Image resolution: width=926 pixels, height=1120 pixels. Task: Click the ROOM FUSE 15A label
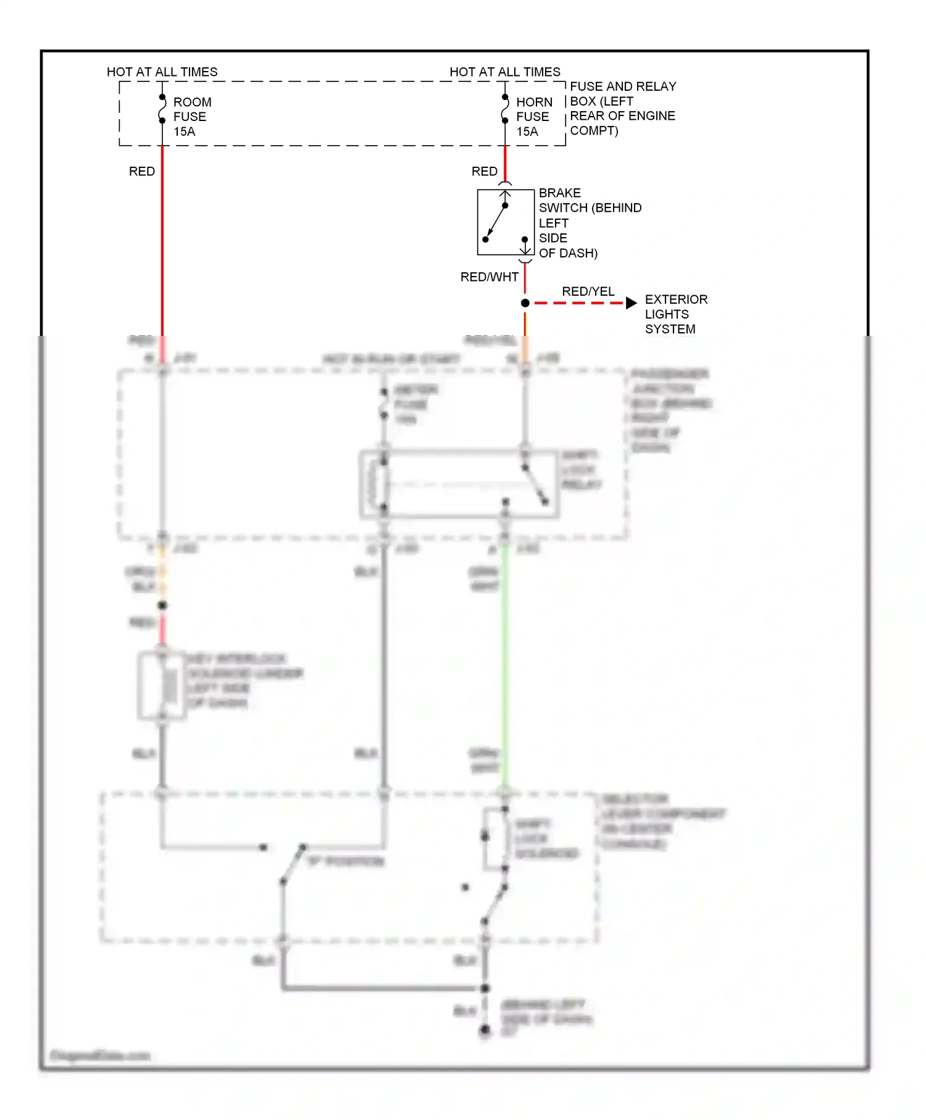[191, 117]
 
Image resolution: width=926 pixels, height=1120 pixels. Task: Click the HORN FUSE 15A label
[533, 117]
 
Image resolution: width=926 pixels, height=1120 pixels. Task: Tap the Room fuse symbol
[162, 109]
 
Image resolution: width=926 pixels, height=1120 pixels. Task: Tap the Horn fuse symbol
[505, 109]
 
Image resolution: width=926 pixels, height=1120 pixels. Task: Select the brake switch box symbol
[505, 222]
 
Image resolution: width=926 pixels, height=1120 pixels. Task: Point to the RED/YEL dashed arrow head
[631, 303]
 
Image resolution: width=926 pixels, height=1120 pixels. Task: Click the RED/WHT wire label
[489, 277]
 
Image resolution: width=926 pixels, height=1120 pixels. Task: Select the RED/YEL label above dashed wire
[588, 291]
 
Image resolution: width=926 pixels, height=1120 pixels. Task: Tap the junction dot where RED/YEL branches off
[525, 303]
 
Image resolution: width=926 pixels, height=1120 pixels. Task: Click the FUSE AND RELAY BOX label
[622, 108]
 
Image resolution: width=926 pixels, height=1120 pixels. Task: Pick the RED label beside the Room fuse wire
[141, 172]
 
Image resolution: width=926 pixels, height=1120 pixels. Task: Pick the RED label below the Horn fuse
[484, 172]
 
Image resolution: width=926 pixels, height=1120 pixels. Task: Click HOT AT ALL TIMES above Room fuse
[162, 72]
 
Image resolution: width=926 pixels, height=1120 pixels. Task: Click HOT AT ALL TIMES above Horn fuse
[504, 72]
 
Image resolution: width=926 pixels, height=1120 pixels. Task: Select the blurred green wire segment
[504, 667]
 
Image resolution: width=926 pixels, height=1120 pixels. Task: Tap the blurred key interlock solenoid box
[162, 685]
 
